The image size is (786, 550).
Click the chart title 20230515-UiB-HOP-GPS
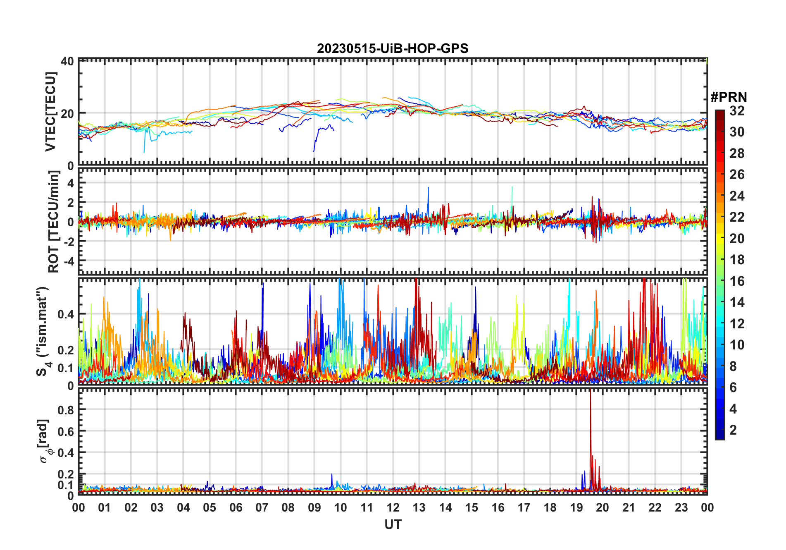(393, 48)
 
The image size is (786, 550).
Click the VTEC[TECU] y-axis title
(50, 112)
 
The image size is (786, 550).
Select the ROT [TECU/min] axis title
(53, 222)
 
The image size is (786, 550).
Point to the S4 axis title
(43, 331)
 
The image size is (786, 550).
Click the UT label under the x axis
(393, 525)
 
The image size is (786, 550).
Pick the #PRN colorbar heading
(729, 97)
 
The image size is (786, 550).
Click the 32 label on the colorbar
(737, 111)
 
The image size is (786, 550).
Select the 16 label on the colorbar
(737, 281)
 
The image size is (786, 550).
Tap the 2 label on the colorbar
(733, 430)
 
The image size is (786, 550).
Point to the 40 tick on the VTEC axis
(67, 61)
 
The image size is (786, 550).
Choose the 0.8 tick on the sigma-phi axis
(66, 410)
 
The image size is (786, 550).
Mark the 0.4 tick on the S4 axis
(66, 314)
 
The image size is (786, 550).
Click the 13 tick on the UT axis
(419, 508)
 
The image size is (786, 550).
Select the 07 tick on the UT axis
(262, 508)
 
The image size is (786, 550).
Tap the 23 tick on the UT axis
(681, 508)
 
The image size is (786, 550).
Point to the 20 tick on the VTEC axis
(67, 113)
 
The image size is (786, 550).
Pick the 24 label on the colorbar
(737, 196)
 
